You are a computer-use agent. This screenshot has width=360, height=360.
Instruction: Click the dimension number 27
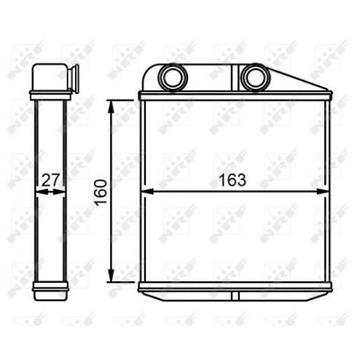[x=51, y=181]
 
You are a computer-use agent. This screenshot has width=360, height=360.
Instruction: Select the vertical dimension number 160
[x=99, y=191]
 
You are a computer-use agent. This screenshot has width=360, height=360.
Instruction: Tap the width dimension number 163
[x=232, y=180]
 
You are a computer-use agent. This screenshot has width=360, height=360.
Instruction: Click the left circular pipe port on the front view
[x=171, y=77]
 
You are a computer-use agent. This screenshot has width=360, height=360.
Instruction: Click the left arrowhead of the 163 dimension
[x=145, y=191]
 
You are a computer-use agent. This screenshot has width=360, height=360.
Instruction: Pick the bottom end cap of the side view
[x=49, y=287]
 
